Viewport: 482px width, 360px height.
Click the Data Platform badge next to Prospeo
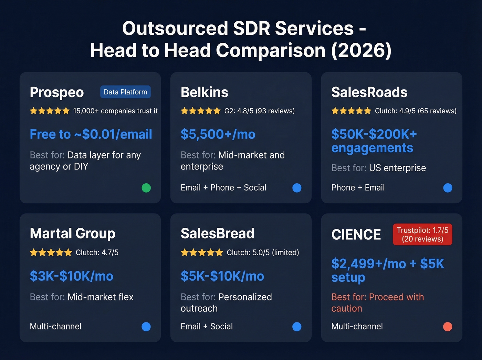pos(125,92)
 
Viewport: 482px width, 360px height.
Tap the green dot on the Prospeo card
pos(146,188)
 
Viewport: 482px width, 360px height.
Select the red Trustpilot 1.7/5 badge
pos(422,235)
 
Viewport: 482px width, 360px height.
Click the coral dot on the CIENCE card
pos(448,327)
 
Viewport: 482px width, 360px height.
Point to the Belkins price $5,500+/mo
pos(218,134)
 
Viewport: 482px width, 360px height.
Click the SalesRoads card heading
pos(369,92)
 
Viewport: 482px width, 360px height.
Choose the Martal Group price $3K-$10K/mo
pos(72,276)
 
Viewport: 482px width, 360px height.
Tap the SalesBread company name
pos(217,234)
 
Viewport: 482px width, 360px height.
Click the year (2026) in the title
pos(361,50)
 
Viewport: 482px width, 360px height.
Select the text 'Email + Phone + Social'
pos(223,188)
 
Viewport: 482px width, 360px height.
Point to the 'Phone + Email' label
pos(358,188)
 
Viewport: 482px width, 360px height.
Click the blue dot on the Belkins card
pos(297,188)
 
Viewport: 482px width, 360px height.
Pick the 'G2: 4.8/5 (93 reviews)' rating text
pos(260,111)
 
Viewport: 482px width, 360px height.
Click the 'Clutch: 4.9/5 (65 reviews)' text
pos(416,111)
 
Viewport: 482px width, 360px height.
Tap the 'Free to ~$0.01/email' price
pos(91,134)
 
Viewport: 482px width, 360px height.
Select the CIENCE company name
pos(356,235)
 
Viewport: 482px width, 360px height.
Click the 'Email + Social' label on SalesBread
pos(207,327)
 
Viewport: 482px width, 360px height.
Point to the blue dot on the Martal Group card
pos(146,327)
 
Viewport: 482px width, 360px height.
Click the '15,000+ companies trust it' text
pos(115,111)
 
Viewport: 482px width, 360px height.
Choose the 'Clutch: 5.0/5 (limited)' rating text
pos(263,253)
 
